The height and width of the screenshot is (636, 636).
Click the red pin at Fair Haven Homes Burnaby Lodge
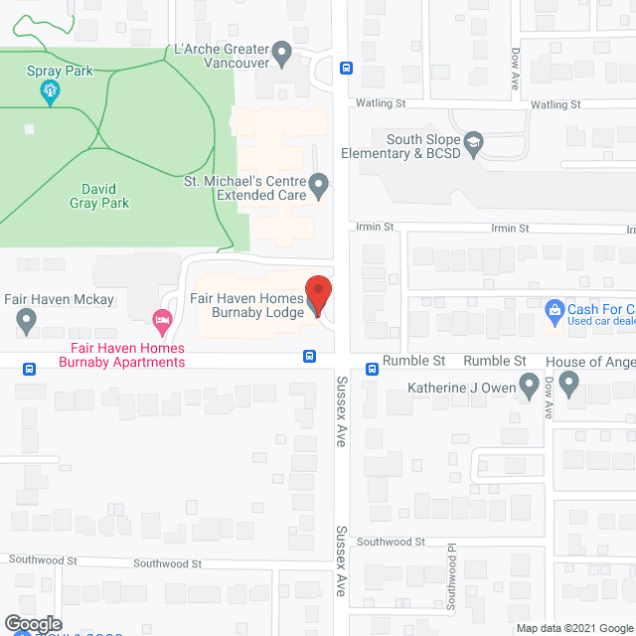[x=317, y=296]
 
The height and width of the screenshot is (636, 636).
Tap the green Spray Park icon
[x=47, y=93]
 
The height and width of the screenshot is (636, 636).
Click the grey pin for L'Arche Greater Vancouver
[x=282, y=54]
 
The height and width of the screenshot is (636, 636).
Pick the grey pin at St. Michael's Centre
[x=318, y=185]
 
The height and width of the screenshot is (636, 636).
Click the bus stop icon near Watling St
[x=346, y=68]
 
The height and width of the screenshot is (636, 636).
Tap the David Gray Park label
[x=99, y=195]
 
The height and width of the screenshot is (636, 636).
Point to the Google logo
[x=32, y=624]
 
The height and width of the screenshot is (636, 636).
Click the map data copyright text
[x=574, y=628]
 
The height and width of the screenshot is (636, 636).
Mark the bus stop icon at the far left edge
[x=29, y=368]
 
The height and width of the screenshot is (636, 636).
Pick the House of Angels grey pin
[x=568, y=382]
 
